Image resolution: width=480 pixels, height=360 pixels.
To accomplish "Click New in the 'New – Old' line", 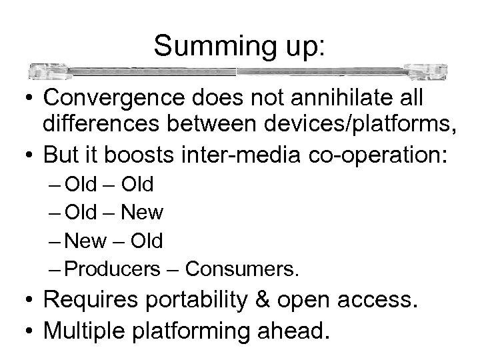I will (91, 240).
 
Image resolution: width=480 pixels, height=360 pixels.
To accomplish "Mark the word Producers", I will (113, 268).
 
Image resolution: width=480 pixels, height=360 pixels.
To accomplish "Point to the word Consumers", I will (243, 268).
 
